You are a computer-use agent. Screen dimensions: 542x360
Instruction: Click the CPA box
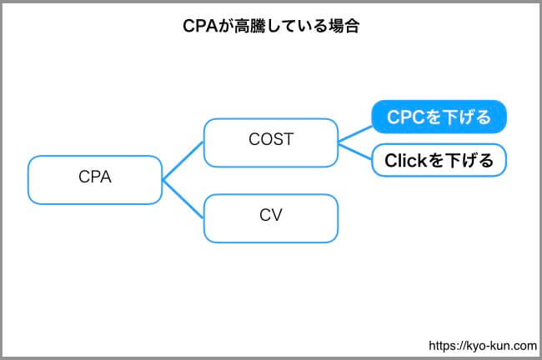pos(95,180)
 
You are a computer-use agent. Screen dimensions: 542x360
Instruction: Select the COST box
pos(271,142)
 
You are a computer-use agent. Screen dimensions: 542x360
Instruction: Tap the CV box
pos(271,218)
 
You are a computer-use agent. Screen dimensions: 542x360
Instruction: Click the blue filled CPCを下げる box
pos(439,117)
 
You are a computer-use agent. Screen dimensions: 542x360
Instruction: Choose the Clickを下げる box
pos(439,160)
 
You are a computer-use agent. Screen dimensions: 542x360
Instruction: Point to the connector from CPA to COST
pos(183,161)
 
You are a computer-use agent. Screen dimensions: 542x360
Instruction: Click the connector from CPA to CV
pos(183,199)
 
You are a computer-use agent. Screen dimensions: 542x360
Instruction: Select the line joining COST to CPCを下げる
pos(355,134)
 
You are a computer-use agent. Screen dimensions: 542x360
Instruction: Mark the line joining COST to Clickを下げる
pos(355,152)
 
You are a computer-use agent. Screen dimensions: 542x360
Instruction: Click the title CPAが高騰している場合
pos(271,26)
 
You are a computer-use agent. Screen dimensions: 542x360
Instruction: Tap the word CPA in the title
pos(200,26)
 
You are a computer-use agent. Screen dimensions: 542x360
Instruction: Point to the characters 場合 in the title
pos(344,26)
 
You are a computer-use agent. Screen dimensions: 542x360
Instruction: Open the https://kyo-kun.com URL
pos(483,346)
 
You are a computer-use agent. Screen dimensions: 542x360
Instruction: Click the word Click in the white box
pos(406,160)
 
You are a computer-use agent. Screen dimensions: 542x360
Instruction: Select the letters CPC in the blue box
pos(405,117)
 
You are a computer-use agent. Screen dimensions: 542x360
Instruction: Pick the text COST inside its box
pos(271,139)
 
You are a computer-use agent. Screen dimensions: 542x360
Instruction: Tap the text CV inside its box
pos(271,215)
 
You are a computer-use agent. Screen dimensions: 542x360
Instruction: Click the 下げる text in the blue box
pos(466,117)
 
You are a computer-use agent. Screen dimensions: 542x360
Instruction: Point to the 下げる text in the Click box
pos(469,160)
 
